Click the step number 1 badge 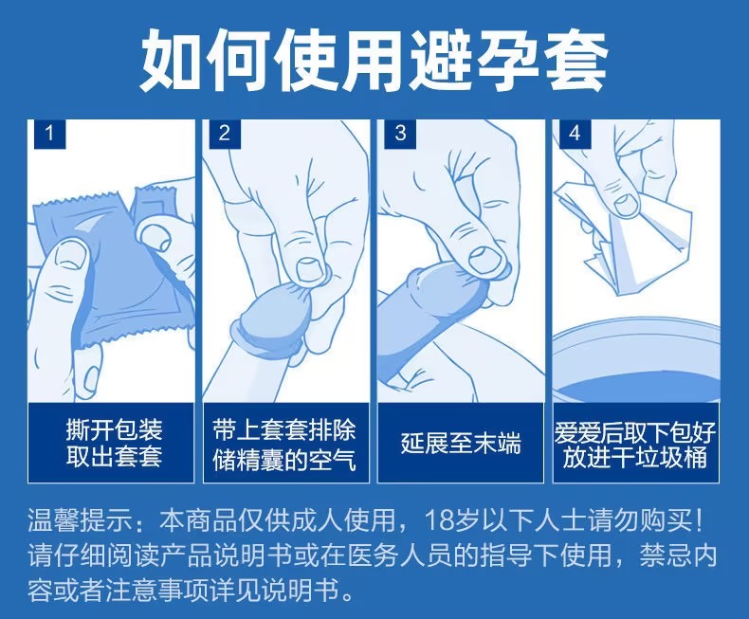[x=49, y=134]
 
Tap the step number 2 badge [x=225, y=134]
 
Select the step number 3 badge [x=400, y=134]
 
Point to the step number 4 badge [x=575, y=134]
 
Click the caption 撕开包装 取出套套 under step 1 [x=114, y=443]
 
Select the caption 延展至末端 [x=461, y=444]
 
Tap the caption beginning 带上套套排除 [x=284, y=445]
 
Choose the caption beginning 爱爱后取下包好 [x=635, y=445]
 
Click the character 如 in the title [x=171, y=60]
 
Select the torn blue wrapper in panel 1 [x=115, y=267]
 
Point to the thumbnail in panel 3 [x=486, y=258]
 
